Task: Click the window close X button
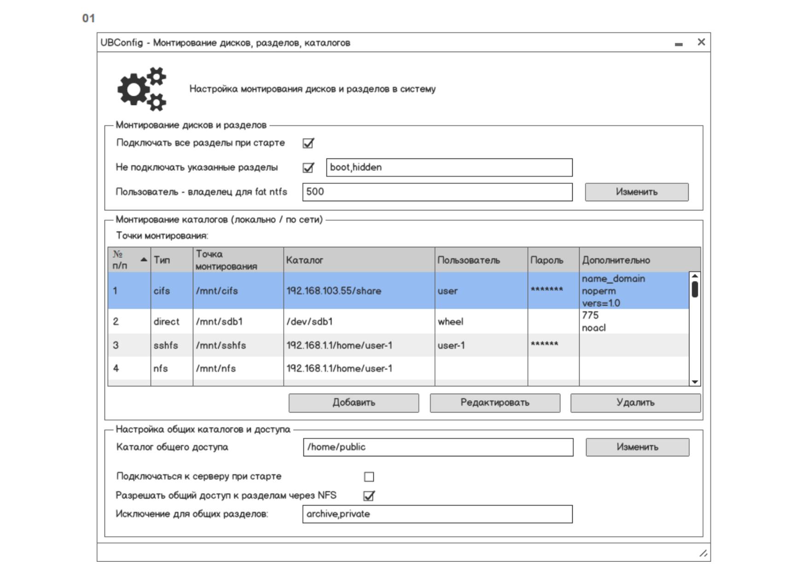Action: point(701,42)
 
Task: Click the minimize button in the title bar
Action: point(679,44)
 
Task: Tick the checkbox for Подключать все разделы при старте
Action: point(308,143)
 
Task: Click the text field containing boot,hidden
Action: point(449,168)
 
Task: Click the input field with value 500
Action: point(437,192)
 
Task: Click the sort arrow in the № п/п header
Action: point(144,260)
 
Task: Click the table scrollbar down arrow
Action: point(695,382)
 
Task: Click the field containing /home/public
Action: point(438,447)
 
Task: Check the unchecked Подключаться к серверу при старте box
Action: point(369,477)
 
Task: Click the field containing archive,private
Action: point(437,514)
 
